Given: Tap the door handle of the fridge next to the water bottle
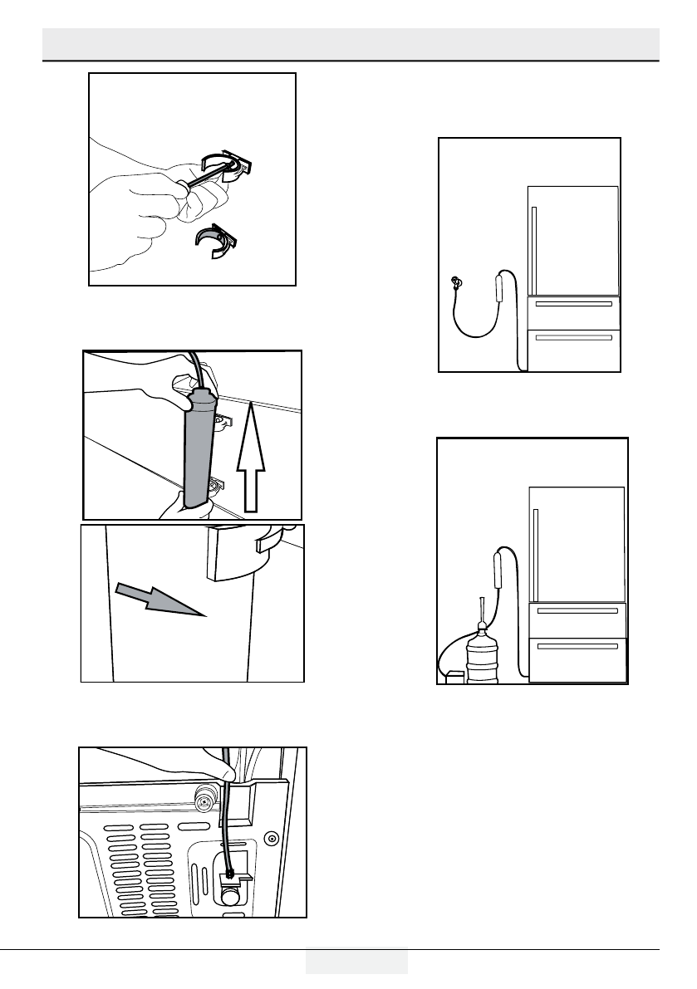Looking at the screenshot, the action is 536,555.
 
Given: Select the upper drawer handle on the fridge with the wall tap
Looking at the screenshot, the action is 573,304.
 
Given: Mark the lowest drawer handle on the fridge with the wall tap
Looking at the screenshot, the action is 573,337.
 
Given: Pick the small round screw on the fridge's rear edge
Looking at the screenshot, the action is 270,838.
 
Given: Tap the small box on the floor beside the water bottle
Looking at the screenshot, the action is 454,678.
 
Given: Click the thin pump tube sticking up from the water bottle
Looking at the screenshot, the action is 480,610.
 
